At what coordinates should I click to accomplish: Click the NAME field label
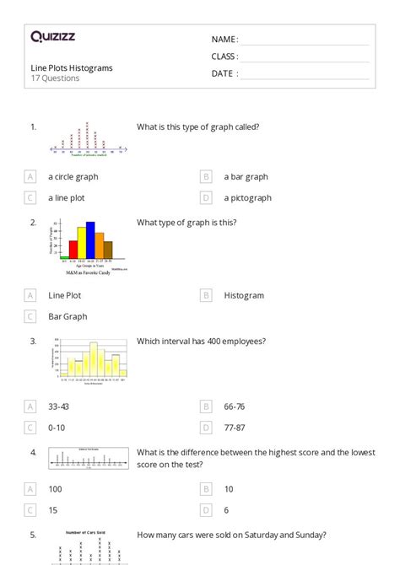click(224, 40)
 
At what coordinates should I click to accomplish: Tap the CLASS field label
click(224, 56)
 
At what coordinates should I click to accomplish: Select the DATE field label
click(224, 73)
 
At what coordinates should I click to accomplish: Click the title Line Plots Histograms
click(72, 67)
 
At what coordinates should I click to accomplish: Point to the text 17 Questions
click(55, 78)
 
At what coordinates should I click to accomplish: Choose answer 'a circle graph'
click(73, 177)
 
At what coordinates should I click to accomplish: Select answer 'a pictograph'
click(247, 198)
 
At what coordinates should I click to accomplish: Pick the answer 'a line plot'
click(67, 198)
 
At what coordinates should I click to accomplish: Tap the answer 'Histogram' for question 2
click(244, 296)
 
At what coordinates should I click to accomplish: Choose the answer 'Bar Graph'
click(68, 317)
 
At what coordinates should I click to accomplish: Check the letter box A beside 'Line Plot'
click(30, 296)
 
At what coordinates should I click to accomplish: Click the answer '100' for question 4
click(56, 488)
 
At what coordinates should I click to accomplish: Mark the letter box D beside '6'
click(206, 509)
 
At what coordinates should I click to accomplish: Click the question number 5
click(33, 535)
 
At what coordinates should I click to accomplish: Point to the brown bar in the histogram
click(108, 250)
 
